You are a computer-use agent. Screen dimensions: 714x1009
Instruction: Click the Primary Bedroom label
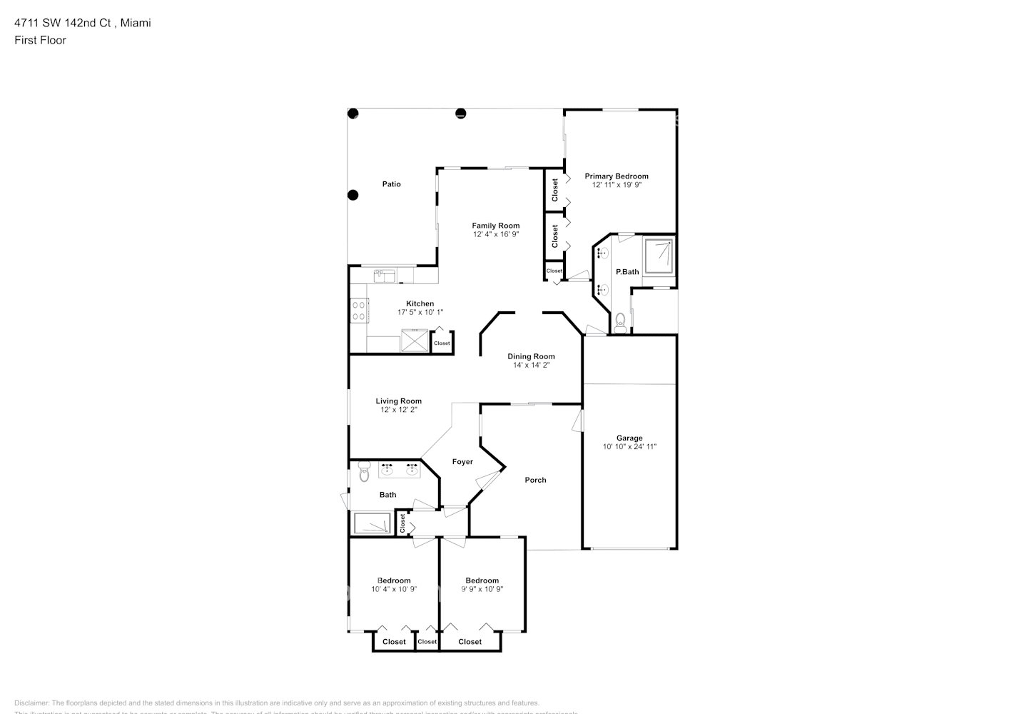coord(617,176)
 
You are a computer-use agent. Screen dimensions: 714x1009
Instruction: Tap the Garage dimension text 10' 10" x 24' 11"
coord(629,447)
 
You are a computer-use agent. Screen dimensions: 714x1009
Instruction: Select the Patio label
coord(391,184)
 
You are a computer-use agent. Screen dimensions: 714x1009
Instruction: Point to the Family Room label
coord(495,226)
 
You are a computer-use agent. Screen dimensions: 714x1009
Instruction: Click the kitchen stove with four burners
coord(358,311)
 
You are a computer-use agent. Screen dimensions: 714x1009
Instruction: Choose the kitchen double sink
coord(385,273)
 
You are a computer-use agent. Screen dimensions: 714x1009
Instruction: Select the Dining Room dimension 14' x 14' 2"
coord(531,366)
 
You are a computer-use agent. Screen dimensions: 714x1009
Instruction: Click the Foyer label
coord(462,462)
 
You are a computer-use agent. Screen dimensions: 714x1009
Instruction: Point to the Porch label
coord(535,480)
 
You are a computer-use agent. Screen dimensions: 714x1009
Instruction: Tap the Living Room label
coord(398,401)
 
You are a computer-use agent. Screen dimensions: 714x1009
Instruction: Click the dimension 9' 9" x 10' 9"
coord(482,590)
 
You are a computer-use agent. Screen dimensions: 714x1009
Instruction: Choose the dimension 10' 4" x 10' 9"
coord(393,590)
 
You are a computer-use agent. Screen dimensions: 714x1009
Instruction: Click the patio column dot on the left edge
coord(353,195)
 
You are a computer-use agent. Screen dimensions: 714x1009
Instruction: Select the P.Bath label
coord(627,272)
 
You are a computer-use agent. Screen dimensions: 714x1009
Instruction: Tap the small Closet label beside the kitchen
coord(442,343)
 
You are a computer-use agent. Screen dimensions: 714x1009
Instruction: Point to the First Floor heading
coord(40,40)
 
